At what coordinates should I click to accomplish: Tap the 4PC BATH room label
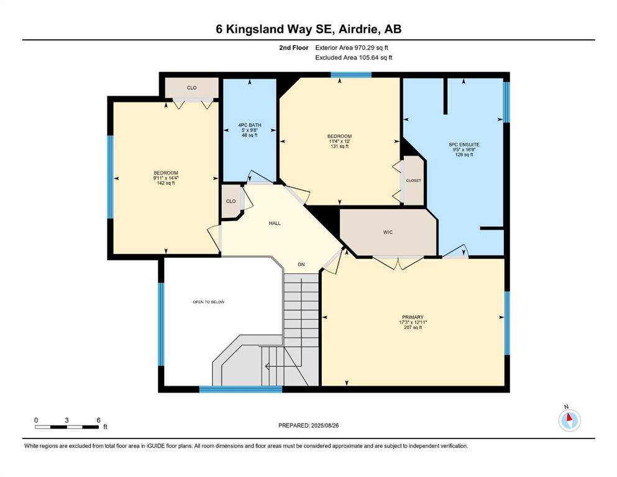pyautogui.click(x=250, y=125)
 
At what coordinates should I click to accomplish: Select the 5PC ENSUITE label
pyautogui.click(x=464, y=144)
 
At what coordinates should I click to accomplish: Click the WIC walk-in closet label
pyautogui.click(x=388, y=232)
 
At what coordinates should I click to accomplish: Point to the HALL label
pyautogui.click(x=275, y=223)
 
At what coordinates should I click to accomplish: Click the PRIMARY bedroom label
pyautogui.click(x=413, y=317)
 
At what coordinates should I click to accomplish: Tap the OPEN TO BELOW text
pyautogui.click(x=209, y=302)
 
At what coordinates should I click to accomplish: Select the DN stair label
pyautogui.click(x=301, y=265)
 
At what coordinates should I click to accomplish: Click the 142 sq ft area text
pyautogui.click(x=166, y=183)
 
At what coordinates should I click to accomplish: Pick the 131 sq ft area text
pyautogui.click(x=340, y=147)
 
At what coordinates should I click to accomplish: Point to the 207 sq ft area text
pyautogui.click(x=413, y=327)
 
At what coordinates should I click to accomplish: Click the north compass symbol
pyautogui.click(x=569, y=420)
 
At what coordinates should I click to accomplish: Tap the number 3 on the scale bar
pyautogui.click(x=67, y=420)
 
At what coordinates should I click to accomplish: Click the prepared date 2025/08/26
pyautogui.click(x=324, y=425)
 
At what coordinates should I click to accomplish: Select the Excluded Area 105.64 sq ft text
pyautogui.click(x=354, y=57)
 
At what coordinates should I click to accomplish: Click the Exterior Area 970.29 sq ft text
pyautogui.click(x=352, y=48)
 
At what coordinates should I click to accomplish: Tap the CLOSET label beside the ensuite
pyautogui.click(x=413, y=181)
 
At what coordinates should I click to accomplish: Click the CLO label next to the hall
pyautogui.click(x=231, y=201)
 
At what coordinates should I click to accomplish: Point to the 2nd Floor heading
pyautogui.click(x=293, y=48)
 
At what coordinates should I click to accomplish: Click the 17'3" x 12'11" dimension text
pyautogui.click(x=413, y=322)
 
